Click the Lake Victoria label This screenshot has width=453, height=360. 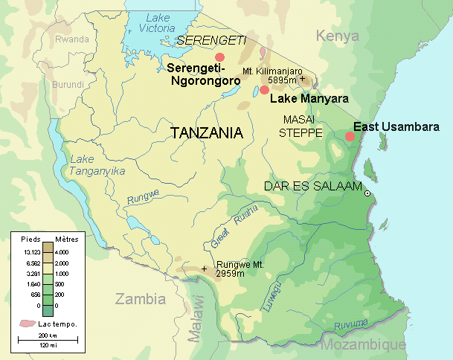(x=158, y=23)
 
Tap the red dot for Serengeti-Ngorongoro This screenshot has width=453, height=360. (x=219, y=57)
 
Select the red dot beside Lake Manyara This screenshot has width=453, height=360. (x=264, y=90)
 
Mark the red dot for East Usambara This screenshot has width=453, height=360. (x=350, y=136)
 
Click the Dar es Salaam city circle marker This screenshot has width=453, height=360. (x=367, y=193)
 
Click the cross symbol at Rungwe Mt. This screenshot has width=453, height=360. (x=204, y=268)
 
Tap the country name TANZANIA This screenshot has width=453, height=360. (x=207, y=133)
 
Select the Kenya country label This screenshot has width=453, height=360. (x=337, y=36)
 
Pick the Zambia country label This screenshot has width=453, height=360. (x=140, y=299)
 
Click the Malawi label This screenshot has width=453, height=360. (x=196, y=318)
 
